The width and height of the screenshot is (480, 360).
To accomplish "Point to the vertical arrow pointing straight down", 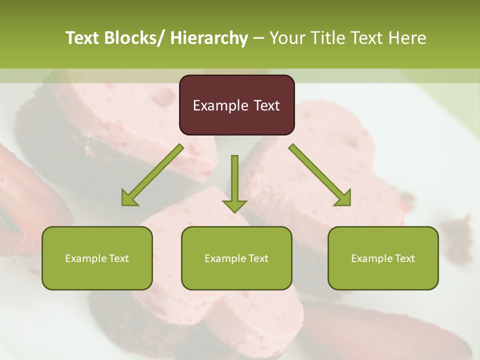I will coord(234,183).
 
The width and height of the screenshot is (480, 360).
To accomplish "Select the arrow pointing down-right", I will coord(320,175).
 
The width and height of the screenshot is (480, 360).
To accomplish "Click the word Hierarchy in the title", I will coord(209,38).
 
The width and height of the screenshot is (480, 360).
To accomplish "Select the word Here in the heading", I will coord(408,38).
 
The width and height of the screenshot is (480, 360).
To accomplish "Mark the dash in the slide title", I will coord(258,38).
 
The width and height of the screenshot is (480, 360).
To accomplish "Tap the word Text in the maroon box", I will coord(265,105).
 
